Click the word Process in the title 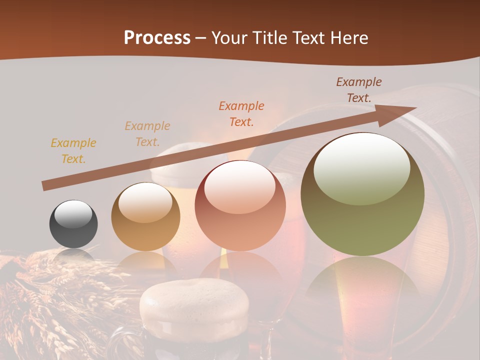click(x=157, y=37)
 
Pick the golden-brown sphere click(x=145, y=216)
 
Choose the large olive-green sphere click(x=362, y=195)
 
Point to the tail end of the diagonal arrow click(x=44, y=186)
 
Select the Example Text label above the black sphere click(x=73, y=151)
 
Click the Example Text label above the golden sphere click(x=147, y=134)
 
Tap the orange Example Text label click(x=241, y=114)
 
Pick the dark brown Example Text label click(x=359, y=90)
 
